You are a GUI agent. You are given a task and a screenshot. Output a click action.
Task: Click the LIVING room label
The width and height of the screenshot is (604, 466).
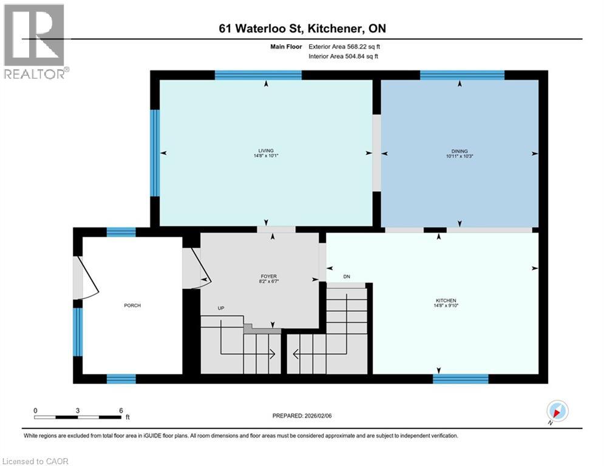pos(266,150)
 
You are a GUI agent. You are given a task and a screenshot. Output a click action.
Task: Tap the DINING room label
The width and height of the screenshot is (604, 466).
pos(459,151)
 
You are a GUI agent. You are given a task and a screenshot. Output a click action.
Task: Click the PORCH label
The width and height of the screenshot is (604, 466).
pos(132,305)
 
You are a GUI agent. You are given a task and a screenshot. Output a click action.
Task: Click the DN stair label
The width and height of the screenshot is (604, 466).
pos(347,277)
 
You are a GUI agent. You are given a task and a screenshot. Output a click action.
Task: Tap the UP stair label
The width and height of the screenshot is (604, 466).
pos(222,308)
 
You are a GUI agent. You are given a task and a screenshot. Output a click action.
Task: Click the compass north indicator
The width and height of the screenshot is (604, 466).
pos(557,412)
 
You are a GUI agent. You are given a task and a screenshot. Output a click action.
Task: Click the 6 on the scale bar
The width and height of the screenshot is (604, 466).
pos(121,410)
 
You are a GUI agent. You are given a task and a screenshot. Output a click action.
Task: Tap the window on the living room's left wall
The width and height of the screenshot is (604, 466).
pos(155,153)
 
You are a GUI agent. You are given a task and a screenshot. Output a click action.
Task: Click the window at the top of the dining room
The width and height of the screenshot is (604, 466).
pos(462,75)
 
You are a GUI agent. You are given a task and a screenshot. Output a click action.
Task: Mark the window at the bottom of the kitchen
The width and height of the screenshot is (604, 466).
pos(460,379)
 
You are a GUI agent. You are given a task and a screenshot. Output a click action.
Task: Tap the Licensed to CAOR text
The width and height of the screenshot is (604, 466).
pos(36,461)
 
